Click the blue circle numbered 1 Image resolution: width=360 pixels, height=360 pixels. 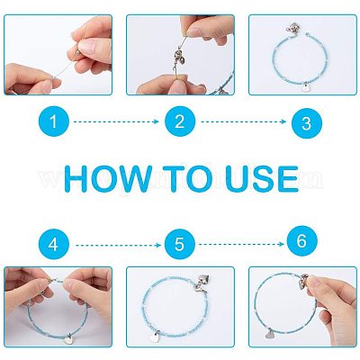pos(54,121)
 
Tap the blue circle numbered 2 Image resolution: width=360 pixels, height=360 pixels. pos(180,121)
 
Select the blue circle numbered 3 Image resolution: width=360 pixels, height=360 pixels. pos(307,123)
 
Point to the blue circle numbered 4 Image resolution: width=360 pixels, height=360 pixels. pos(54,245)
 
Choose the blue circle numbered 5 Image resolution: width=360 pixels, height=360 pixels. pos(180,245)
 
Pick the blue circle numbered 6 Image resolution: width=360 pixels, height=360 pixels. pos(302,241)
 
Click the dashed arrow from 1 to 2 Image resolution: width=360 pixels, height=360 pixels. pos(116,121)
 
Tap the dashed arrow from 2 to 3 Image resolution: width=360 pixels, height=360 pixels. pos(244,121)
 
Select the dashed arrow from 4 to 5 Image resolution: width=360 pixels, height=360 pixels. pos(118,246)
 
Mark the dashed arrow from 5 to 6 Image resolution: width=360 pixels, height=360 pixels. pos(241,244)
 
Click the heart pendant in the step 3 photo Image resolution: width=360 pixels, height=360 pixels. pos(306,87)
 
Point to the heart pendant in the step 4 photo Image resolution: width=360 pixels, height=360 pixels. pos(67,339)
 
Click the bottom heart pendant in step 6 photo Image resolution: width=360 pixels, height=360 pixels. pos(269,333)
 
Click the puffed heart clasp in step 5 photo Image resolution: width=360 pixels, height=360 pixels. pos(203,281)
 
